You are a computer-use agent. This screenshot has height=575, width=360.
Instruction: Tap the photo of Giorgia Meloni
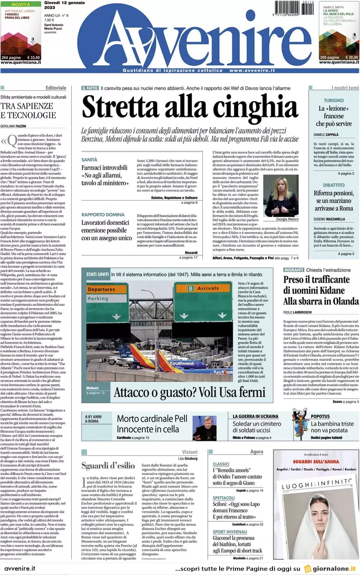click(287, 196)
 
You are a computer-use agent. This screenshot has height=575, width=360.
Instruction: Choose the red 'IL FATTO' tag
click(90, 87)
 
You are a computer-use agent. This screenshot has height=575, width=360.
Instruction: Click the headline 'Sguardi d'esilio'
click(107, 465)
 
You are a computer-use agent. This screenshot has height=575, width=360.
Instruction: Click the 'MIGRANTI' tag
click(294, 270)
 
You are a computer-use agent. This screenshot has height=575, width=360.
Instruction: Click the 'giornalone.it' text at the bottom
click(332, 568)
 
